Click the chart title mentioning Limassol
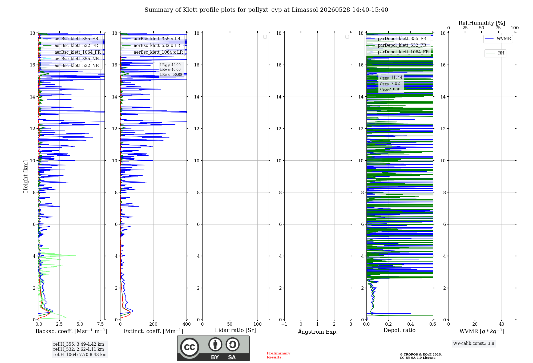[x=266, y=10]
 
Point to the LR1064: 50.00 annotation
[x=171, y=75]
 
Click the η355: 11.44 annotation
[x=391, y=78]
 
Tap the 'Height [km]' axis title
[x=26, y=176]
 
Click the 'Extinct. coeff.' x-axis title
[x=154, y=331]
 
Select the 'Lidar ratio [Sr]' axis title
[x=235, y=330]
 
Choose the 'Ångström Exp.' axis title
[x=318, y=332]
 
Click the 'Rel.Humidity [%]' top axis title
[x=482, y=23]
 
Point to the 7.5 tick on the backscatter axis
[x=100, y=324]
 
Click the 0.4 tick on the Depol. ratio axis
[x=411, y=324]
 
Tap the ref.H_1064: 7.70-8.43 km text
[x=80, y=354]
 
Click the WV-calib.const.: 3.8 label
[x=474, y=344]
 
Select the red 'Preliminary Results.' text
[x=278, y=355]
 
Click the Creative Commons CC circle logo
[x=189, y=347]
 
